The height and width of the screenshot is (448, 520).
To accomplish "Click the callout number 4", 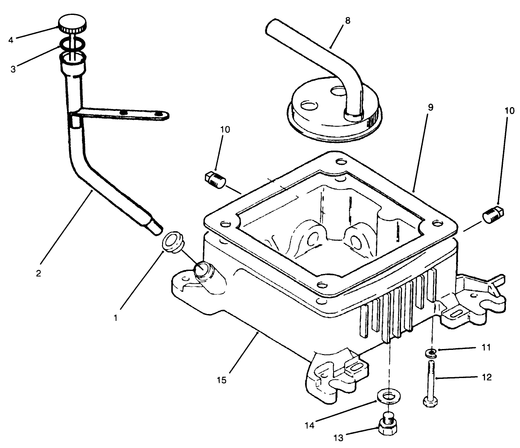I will coord(11,40).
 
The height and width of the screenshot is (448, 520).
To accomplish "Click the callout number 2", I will coord(38,273).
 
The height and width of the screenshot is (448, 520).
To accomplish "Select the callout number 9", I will coord(430,107).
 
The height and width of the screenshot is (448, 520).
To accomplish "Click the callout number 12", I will coord(487,377).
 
